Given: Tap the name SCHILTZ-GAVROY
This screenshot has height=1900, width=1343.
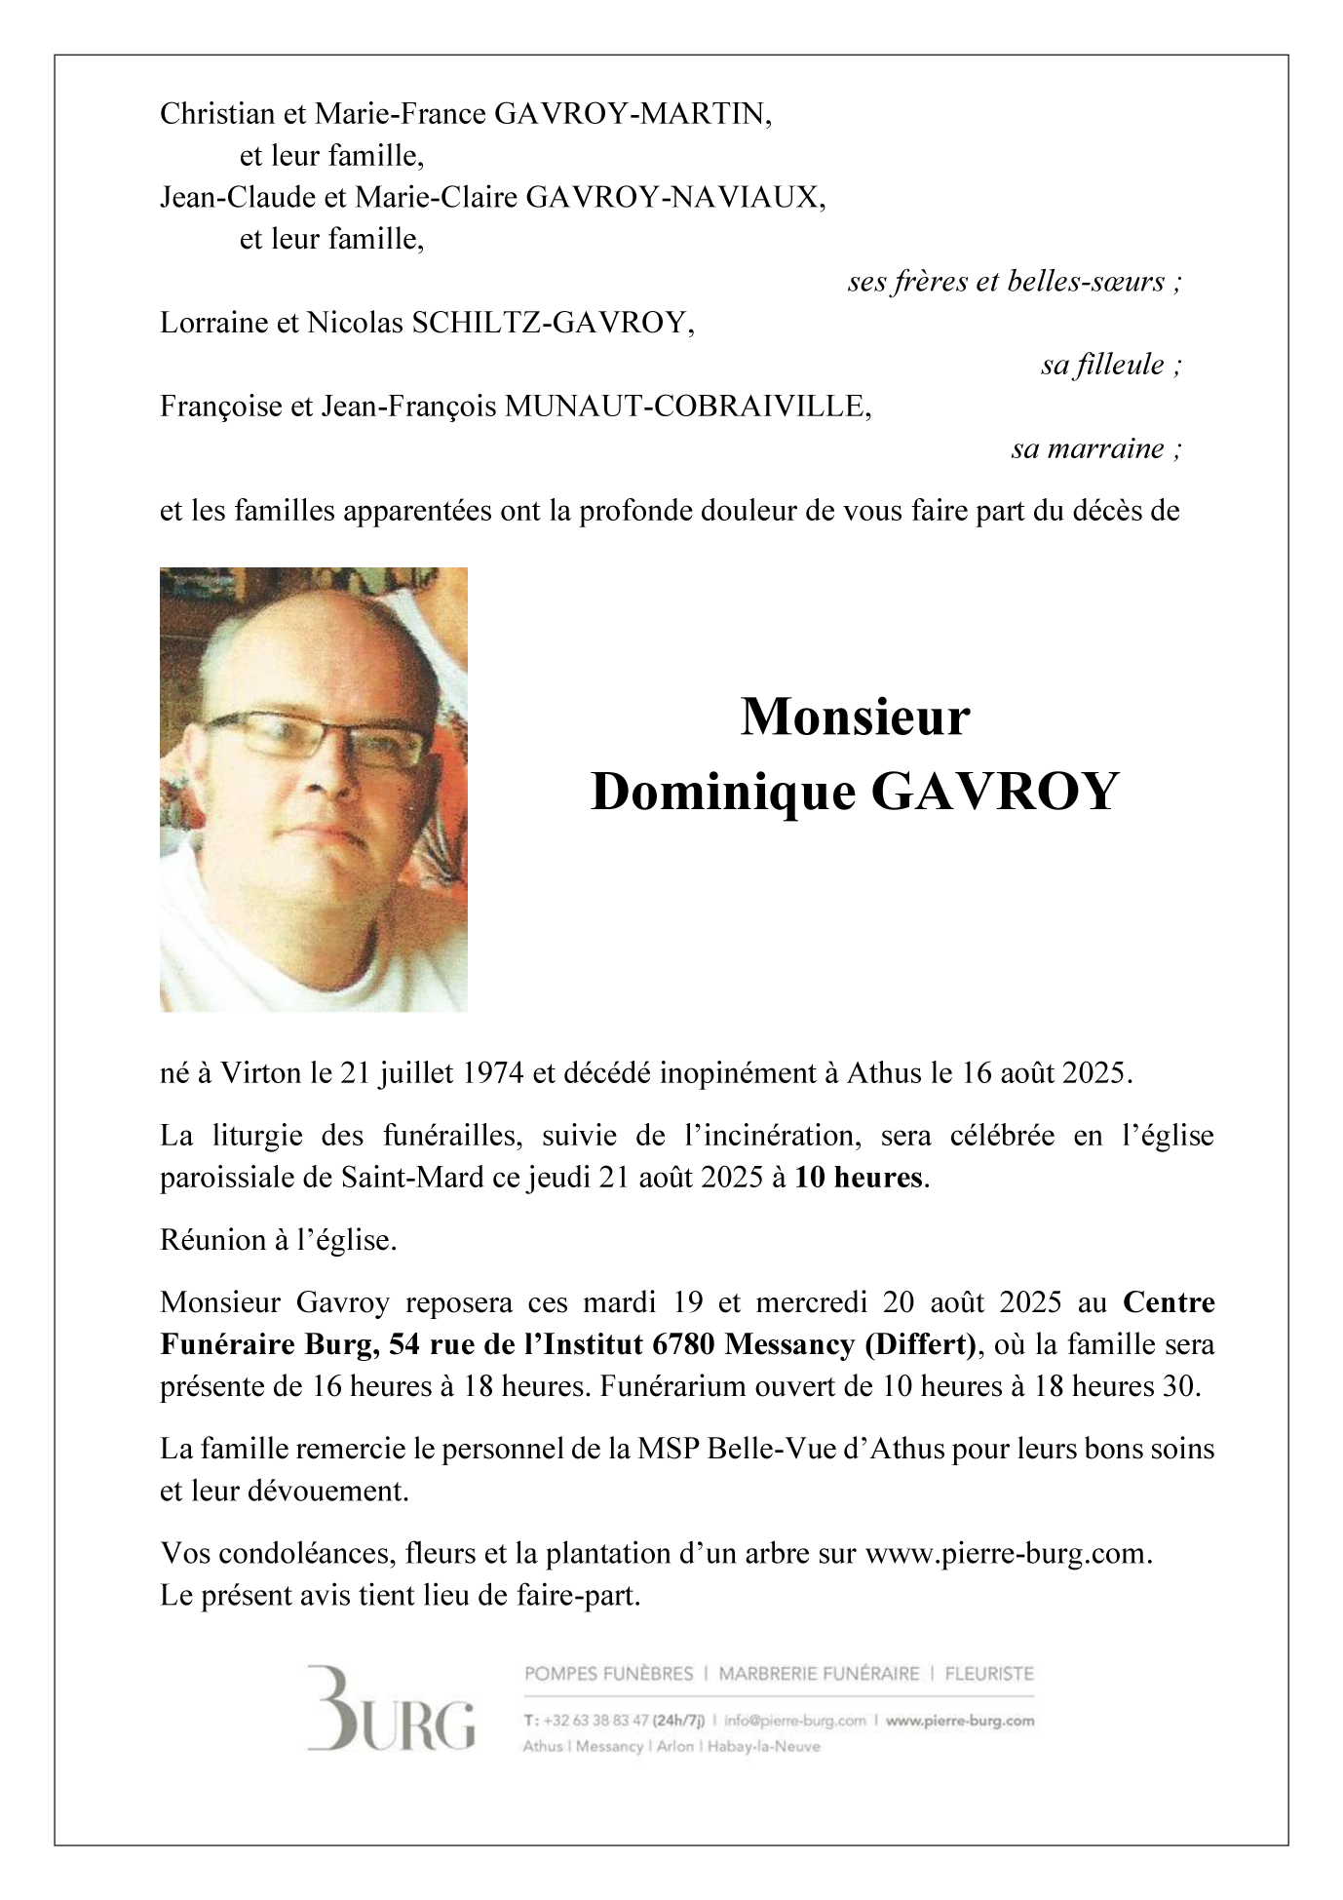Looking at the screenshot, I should (x=553, y=323).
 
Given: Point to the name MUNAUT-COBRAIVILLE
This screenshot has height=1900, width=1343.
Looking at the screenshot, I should (x=687, y=406).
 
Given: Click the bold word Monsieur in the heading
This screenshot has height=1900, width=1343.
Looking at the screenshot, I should (x=855, y=717).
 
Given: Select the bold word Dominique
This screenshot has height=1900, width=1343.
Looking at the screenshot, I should (x=722, y=792).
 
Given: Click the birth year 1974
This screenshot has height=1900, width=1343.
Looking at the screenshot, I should (x=492, y=1073).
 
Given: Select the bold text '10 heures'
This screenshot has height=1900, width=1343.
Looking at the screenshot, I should (x=858, y=1178).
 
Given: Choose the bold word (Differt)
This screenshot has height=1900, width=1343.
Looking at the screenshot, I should (x=920, y=1344).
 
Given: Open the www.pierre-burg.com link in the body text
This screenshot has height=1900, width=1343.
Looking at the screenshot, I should (x=1007, y=1553).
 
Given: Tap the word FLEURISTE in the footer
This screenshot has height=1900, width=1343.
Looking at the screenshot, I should (x=989, y=1674).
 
